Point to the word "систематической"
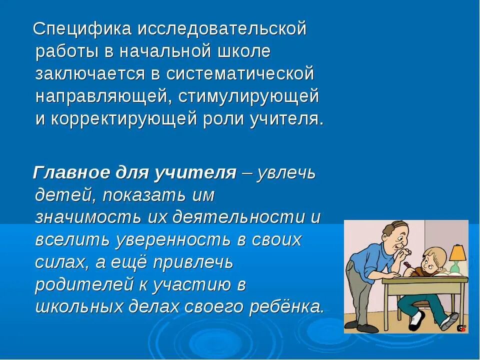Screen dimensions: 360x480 [x=240, y=74]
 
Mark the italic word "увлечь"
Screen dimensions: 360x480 [x=286, y=173]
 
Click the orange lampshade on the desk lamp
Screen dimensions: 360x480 [x=457, y=252]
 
